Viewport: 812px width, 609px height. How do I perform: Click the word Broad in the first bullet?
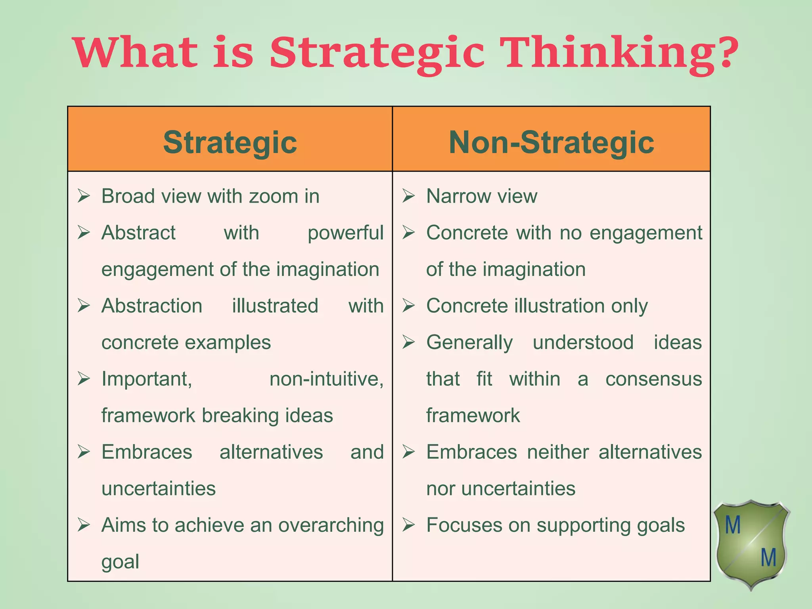click(127, 196)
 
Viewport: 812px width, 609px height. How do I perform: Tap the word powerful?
click(345, 233)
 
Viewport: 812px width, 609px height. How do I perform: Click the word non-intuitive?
click(326, 379)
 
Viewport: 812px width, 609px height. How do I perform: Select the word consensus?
click(653, 379)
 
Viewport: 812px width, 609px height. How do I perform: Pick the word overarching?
click(331, 525)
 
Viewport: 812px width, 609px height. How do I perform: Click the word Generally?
click(469, 343)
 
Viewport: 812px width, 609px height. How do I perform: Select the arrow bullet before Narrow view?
click(408, 196)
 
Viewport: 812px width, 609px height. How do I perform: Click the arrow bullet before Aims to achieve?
click(84, 525)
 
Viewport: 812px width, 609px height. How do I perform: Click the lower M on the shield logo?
click(768, 557)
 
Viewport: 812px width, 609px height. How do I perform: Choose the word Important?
click(147, 379)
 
